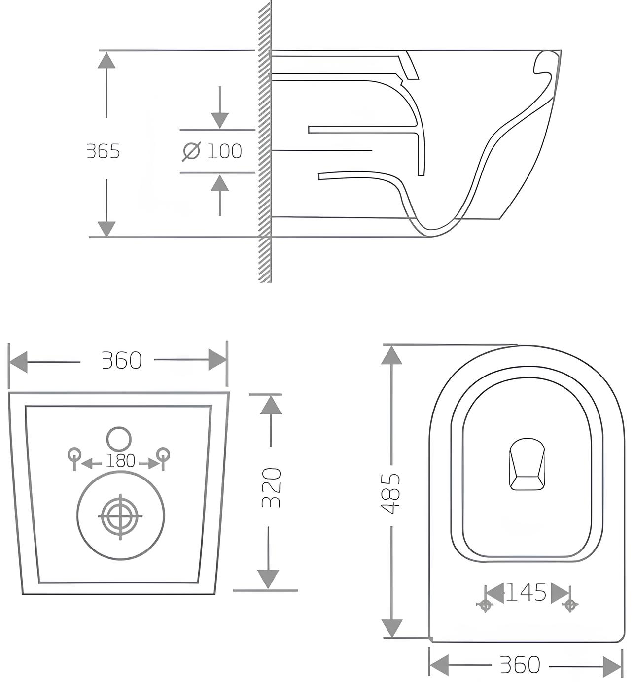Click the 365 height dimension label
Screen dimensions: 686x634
coord(103,151)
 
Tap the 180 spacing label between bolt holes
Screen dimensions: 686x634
coord(120,461)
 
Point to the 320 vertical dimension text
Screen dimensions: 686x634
coord(271,487)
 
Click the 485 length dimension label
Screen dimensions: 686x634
coord(392,494)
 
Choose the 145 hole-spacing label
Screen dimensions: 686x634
coord(527,593)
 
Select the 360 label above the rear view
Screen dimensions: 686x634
coord(121,361)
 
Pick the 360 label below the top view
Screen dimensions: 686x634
coord(520,665)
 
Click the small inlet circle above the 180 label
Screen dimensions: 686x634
coord(119,438)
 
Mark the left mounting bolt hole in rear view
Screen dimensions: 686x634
coord(74,454)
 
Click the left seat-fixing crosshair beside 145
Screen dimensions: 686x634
coord(485,604)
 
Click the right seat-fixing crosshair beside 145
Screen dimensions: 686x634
coord(570,604)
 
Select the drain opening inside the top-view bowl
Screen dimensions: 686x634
coord(527,464)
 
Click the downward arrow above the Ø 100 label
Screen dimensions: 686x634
coord(220,118)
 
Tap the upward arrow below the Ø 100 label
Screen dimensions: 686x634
coord(220,185)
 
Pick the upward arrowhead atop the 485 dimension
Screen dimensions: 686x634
coord(391,355)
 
